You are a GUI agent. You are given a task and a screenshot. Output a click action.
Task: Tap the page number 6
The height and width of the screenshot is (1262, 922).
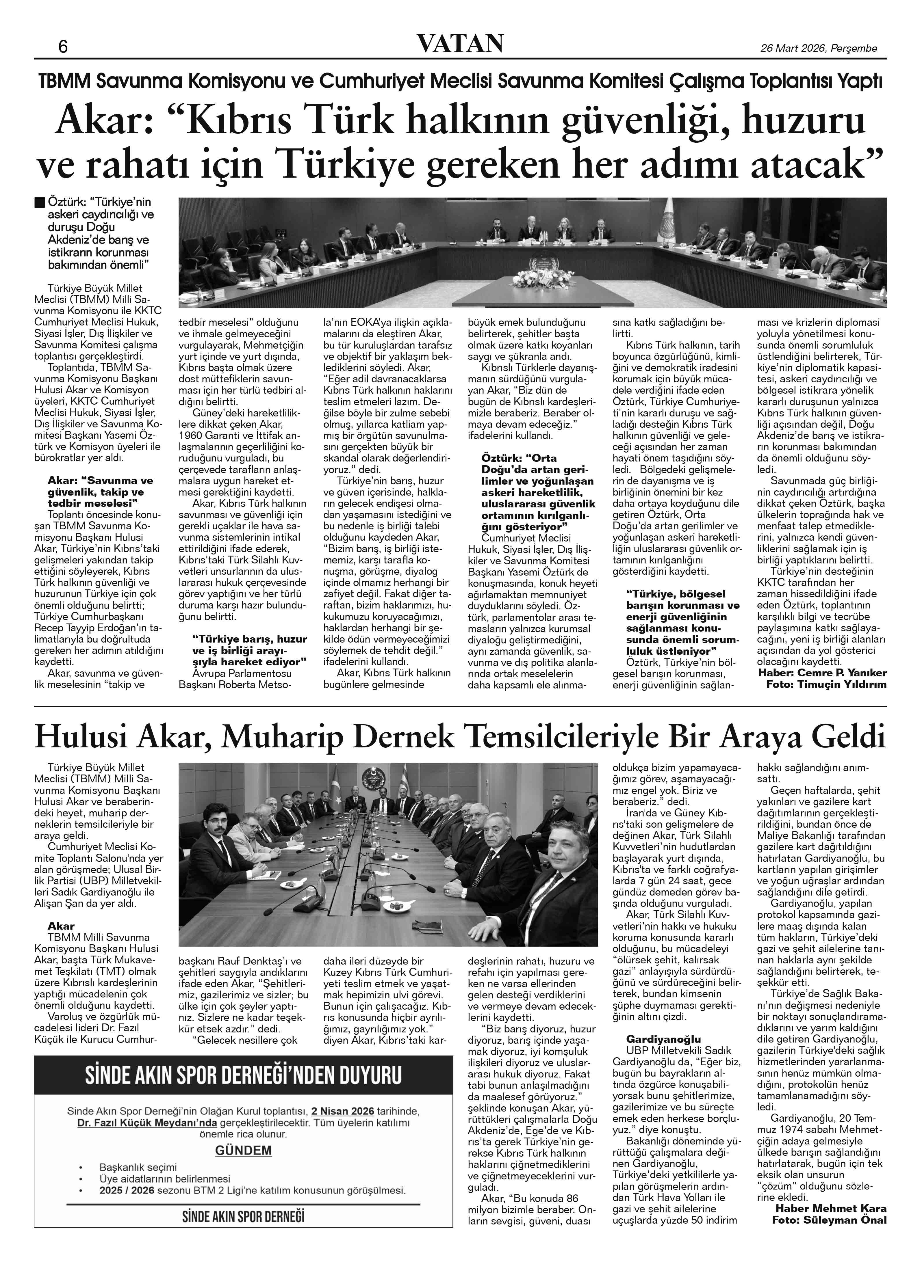(x=63, y=47)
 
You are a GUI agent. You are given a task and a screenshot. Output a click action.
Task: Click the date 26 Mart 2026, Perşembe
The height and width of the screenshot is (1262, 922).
(x=819, y=48)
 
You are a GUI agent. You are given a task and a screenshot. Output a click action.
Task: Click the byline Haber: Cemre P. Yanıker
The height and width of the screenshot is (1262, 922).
(x=822, y=673)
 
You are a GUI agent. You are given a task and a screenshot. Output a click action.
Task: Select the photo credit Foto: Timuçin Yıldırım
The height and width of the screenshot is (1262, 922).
(x=826, y=684)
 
